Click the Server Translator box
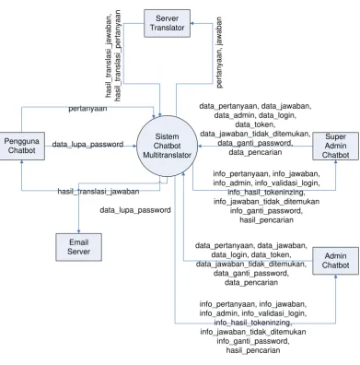point(167,23)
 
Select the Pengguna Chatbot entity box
point(22,146)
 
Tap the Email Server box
point(78,247)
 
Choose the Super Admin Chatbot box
point(335,146)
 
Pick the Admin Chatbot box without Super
point(335,261)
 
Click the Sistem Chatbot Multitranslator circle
point(167,146)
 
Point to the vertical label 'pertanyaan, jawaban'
point(219,53)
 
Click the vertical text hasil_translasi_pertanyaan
point(118,55)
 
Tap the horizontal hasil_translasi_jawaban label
point(99,192)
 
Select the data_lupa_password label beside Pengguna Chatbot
point(87,144)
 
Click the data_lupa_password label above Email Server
point(135,210)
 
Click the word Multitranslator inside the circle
point(167,155)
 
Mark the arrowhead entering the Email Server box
point(78,231)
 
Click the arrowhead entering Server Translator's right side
point(192,23)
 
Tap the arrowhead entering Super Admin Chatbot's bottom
point(335,162)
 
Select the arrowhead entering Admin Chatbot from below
point(335,277)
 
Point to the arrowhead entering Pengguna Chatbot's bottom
point(21,162)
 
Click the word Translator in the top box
point(167,28)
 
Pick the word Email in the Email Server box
point(78,242)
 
